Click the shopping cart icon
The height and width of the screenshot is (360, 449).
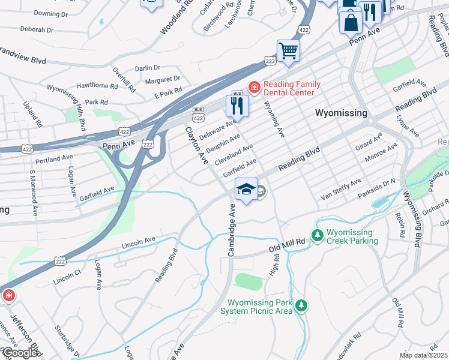(288, 50)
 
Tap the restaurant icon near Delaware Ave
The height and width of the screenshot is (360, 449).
(237, 106)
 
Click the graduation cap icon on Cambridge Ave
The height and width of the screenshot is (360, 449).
(246, 189)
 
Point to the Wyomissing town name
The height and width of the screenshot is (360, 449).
(341, 112)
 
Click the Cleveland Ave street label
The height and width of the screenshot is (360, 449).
(234, 153)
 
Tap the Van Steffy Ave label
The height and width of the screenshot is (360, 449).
(341, 189)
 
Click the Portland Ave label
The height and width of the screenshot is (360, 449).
(54, 159)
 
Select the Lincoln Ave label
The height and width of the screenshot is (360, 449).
(139, 242)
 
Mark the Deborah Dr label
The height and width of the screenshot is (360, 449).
(37, 28)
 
